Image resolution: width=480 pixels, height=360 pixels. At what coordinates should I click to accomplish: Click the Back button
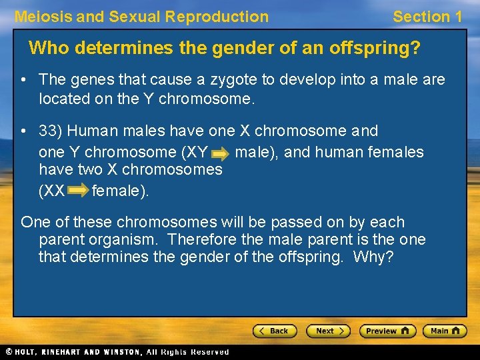click(274, 331)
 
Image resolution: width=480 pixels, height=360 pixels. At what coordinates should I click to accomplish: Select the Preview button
click(387, 331)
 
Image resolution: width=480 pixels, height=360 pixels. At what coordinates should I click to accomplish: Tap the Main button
click(444, 331)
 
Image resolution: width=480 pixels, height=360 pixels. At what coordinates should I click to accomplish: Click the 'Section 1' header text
click(427, 17)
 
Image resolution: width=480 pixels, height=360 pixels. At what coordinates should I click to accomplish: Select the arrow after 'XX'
click(77, 192)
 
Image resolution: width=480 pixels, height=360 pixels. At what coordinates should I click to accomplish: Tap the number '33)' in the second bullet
click(51, 131)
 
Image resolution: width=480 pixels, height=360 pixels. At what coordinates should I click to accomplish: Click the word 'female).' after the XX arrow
click(121, 191)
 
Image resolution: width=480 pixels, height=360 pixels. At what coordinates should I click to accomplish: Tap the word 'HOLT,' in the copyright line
click(28, 352)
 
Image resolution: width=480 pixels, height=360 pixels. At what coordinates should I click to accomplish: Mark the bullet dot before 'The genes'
click(23, 81)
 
